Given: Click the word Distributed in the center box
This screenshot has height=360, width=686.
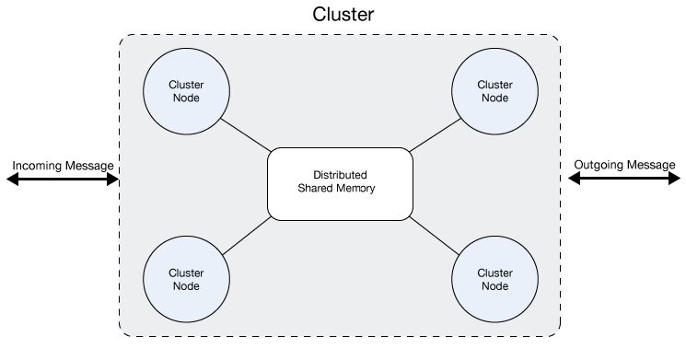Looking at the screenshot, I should [x=340, y=175].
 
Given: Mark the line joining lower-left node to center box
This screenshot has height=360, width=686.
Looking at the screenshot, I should [x=247, y=237].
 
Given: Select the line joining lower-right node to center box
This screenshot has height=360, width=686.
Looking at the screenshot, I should [x=433, y=237].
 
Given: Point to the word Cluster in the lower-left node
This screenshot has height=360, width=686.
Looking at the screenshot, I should [x=186, y=273].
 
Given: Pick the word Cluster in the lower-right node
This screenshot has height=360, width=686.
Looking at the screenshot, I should [x=494, y=273].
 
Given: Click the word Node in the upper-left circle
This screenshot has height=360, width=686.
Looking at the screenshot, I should [x=186, y=99].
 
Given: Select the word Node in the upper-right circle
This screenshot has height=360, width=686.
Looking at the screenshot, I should [x=494, y=99].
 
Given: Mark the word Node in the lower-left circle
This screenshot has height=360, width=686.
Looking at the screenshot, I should [x=186, y=286].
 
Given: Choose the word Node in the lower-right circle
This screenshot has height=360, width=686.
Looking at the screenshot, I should [x=494, y=286].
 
